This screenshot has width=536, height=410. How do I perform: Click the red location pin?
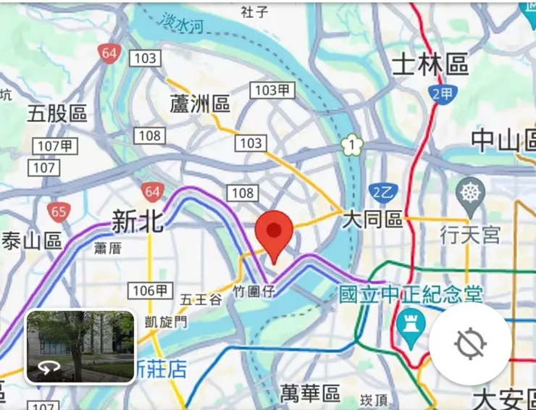[274, 233]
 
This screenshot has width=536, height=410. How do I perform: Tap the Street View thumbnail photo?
[80, 346]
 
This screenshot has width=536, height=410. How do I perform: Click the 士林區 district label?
[430, 65]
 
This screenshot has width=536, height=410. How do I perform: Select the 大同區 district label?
[372, 219]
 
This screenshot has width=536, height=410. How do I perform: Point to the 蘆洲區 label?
[200, 104]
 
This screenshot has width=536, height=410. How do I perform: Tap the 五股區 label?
[57, 114]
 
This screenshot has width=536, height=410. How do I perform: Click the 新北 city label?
[138, 222]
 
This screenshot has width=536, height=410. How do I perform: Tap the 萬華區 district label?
[310, 394]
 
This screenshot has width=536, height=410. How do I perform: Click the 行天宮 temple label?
[470, 235]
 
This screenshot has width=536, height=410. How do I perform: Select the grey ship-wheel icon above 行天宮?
[470, 193]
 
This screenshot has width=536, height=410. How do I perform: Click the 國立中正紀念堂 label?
[411, 294]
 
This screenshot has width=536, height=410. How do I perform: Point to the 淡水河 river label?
[183, 23]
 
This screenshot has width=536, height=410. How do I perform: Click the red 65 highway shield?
[59, 212]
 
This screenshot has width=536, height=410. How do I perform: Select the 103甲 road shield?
[273, 90]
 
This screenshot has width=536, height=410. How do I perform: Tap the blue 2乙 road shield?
[382, 192]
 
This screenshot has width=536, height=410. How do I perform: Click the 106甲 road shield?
[151, 291]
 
